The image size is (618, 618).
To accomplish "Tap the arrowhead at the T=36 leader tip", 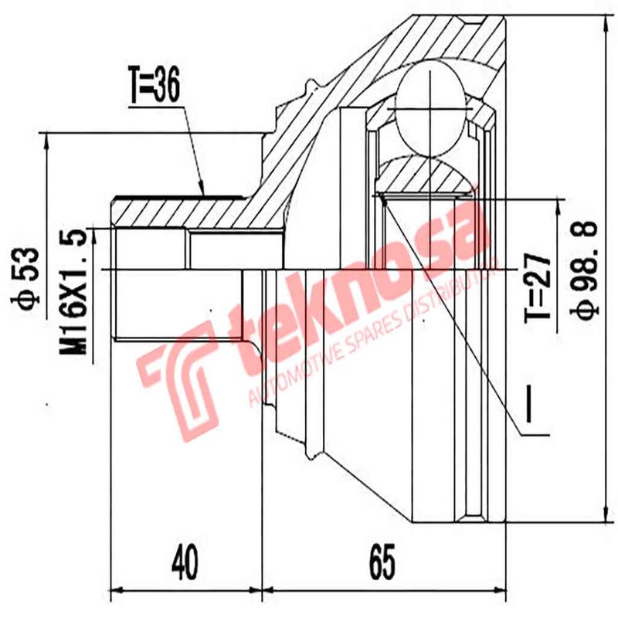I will pyautogui.click(x=203, y=191).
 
